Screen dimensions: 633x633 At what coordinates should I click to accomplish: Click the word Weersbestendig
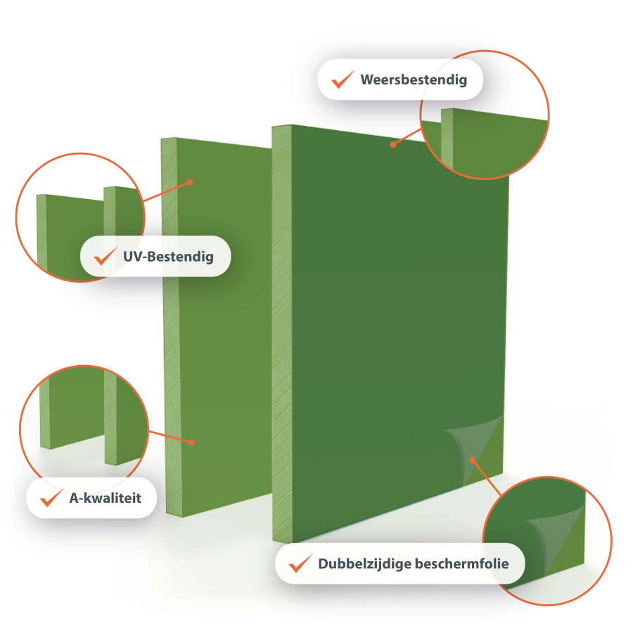tap(414, 80)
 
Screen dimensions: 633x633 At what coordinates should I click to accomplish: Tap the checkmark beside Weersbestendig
tap(343, 79)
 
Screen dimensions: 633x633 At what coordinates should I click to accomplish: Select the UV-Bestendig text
tap(168, 257)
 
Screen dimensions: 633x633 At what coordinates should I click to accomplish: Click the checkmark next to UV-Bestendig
tap(105, 256)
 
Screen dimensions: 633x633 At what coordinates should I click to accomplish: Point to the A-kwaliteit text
tap(105, 498)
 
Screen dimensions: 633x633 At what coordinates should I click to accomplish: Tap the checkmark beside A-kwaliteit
tap(51, 497)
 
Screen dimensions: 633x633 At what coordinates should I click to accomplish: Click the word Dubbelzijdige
tap(364, 564)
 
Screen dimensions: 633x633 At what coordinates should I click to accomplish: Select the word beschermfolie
tap(462, 563)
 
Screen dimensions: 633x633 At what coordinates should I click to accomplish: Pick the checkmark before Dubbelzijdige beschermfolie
tap(300, 563)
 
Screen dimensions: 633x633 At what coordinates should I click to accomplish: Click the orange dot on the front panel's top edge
tap(392, 144)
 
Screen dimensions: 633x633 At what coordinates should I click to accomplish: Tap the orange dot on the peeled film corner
tap(473, 460)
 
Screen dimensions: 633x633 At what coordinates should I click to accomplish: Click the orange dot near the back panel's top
tap(190, 182)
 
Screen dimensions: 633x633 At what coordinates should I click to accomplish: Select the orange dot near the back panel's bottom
tap(192, 442)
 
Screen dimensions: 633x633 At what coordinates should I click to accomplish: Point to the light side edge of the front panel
tap(282, 333)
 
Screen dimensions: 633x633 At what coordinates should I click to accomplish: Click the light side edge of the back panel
tap(171, 327)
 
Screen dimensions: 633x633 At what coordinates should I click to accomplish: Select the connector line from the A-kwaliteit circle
tap(170, 437)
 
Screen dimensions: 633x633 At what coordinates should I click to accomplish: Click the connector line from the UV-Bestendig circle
tap(166, 192)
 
